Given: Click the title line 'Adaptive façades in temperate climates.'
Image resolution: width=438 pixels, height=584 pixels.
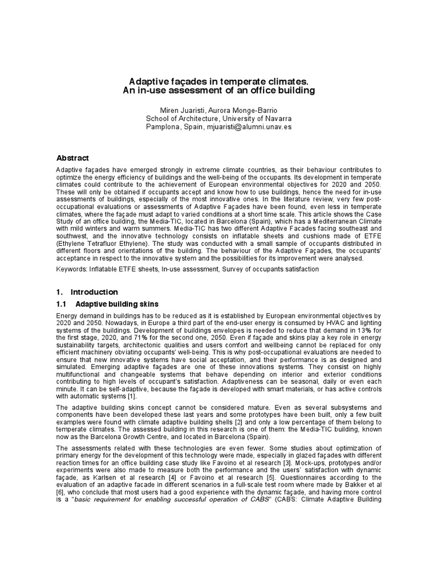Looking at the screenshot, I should click(219, 81).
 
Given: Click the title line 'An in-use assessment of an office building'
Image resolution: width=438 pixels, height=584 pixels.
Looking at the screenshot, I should click(219, 91).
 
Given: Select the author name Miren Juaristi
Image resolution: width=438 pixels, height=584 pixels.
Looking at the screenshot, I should click(182, 109).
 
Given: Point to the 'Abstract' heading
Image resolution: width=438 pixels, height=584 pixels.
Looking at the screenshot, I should click(72, 158).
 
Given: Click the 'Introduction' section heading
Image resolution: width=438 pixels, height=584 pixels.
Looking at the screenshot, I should click(94, 292).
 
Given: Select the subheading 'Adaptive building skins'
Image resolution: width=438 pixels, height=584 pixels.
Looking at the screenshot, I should click(117, 303).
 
